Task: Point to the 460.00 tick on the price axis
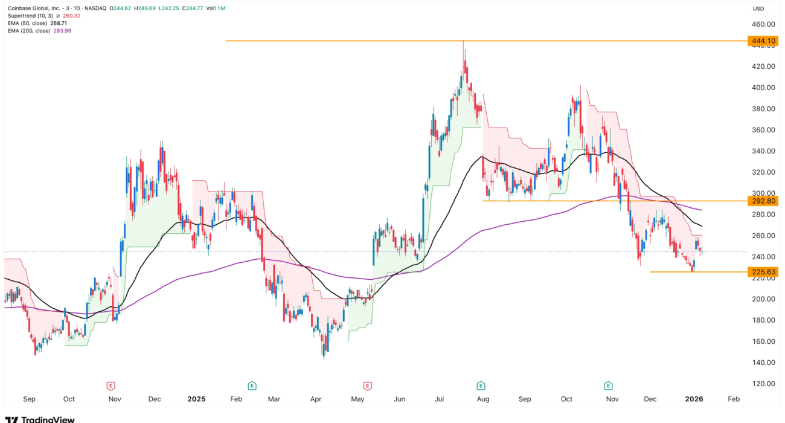click(x=763, y=24)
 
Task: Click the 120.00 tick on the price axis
click(x=763, y=384)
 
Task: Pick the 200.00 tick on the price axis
click(x=763, y=299)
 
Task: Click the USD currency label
click(x=758, y=8)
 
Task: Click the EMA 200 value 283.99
click(x=63, y=31)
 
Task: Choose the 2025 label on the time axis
click(x=196, y=399)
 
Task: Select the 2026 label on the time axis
click(x=692, y=399)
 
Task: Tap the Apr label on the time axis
click(x=315, y=399)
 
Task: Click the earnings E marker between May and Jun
click(x=367, y=385)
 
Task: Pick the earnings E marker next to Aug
click(x=481, y=385)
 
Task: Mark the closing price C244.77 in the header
click(x=193, y=8)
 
